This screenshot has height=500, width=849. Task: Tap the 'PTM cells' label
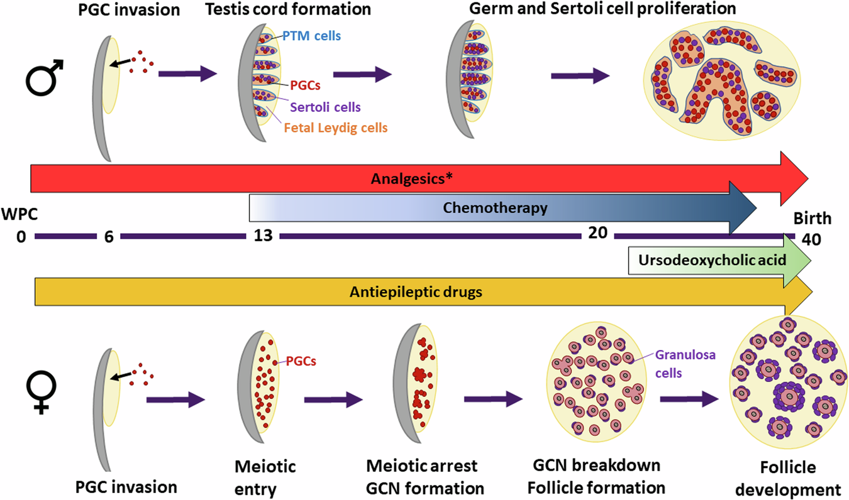tap(311, 36)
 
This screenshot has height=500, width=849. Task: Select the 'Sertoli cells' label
tap(326, 107)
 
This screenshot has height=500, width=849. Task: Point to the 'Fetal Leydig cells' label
tap(335, 128)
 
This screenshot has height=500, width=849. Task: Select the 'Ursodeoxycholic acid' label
tap(711, 259)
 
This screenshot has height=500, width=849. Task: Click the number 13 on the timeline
tap(262, 237)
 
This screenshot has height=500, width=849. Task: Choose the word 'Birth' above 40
tap(812, 219)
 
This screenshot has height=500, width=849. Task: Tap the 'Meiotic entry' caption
tap(265, 477)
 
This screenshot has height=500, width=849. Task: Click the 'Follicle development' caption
tap(789, 478)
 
